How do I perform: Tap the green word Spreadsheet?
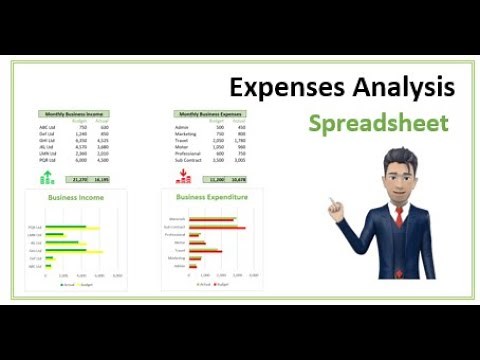[x=378, y=124]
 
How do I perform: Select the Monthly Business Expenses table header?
[x=211, y=114]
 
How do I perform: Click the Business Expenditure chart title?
[x=212, y=197]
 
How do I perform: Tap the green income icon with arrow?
[x=47, y=178]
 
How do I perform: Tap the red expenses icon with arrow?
[x=183, y=178]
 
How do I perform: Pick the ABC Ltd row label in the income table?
[x=47, y=127]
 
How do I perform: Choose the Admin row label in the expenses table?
[x=181, y=127]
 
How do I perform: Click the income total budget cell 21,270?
[x=81, y=179]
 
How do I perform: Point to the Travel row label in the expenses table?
[x=181, y=140]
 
